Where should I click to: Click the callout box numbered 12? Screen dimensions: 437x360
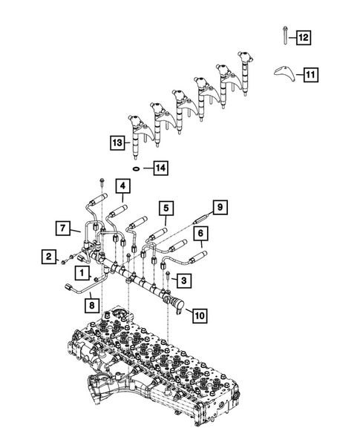(305, 36)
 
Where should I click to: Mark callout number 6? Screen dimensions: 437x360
(200, 236)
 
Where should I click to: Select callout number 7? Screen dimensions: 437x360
(64, 226)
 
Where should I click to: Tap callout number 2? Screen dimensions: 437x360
(49, 257)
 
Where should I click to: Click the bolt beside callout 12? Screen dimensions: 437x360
(285, 35)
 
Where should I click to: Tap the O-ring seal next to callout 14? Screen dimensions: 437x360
(139, 168)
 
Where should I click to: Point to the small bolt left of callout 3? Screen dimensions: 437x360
(170, 280)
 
